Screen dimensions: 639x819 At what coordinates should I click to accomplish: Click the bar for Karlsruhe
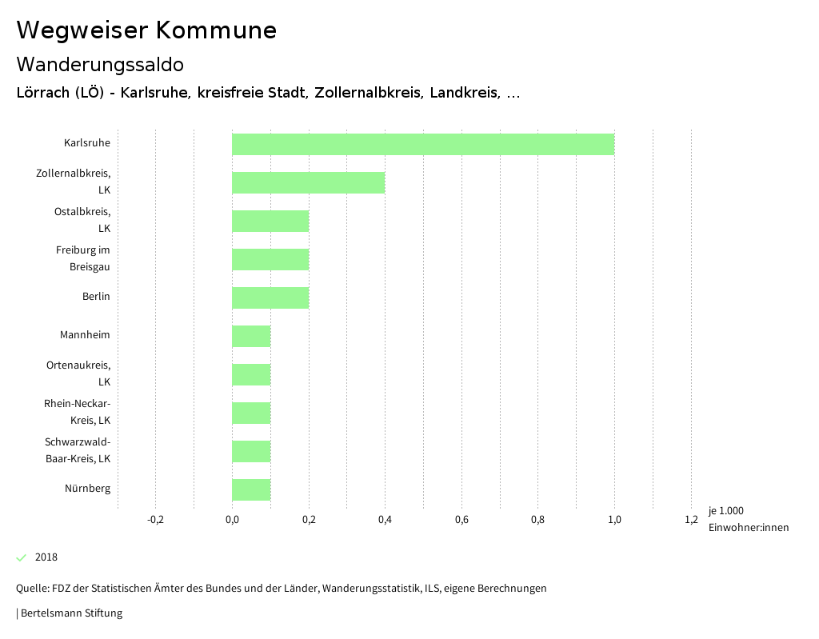click(423, 145)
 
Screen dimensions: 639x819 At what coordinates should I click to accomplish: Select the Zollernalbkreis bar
click(309, 182)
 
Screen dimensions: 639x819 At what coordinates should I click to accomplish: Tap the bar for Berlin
click(270, 298)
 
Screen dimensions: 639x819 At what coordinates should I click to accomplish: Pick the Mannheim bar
click(251, 336)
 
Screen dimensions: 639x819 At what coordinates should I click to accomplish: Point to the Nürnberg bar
click(251, 489)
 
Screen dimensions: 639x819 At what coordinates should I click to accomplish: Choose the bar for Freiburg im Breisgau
click(270, 259)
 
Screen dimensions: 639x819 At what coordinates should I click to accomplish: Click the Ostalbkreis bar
click(270, 221)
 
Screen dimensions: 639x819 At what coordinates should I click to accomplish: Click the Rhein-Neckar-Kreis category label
click(78, 412)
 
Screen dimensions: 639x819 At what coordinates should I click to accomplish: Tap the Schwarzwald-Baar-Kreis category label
click(78, 450)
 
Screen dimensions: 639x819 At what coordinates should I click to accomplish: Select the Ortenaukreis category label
click(78, 373)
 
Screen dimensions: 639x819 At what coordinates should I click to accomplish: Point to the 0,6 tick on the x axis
click(461, 520)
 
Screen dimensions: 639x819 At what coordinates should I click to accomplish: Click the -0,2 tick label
click(156, 520)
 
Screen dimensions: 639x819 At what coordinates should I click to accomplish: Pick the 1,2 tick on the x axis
click(691, 520)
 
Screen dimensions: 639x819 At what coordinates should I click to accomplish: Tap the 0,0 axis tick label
click(232, 520)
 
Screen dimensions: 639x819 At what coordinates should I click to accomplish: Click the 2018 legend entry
click(46, 557)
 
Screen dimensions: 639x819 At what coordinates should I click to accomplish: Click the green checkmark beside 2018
click(22, 557)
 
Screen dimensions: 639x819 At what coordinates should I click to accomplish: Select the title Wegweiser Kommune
click(146, 30)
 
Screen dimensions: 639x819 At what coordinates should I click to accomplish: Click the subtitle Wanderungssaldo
click(100, 64)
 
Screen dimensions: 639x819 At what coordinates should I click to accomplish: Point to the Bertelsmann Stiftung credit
click(70, 613)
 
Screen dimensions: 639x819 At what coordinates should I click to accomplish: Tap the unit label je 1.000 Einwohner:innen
click(748, 519)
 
